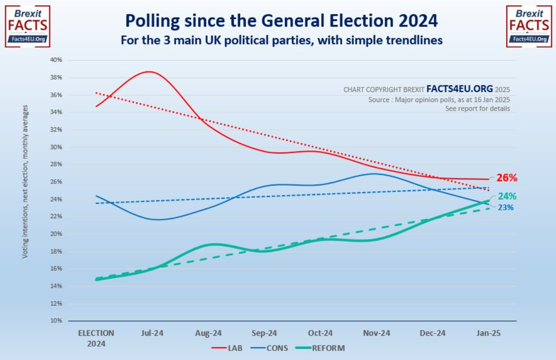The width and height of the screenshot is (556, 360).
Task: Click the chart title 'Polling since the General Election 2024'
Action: (x=281, y=21)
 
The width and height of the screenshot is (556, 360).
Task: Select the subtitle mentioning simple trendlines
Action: (x=281, y=41)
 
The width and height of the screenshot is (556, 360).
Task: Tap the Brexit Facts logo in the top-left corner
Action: (x=27, y=26)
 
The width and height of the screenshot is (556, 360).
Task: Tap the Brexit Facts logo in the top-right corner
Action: (x=528, y=26)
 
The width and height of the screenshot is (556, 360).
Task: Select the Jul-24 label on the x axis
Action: (x=152, y=333)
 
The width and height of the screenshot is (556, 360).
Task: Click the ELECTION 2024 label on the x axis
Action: (x=95, y=338)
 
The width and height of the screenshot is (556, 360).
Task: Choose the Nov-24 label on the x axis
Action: (x=377, y=333)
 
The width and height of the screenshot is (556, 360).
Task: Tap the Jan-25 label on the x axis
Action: (x=488, y=333)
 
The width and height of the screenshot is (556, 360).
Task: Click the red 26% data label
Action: (x=507, y=178)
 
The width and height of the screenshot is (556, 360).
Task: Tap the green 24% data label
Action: (x=507, y=197)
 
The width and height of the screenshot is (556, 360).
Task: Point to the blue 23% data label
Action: (x=506, y=207)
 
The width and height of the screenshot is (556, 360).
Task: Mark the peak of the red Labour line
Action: (x=149, y=71)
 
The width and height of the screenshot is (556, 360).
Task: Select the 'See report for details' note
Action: (x=477, y=109)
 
